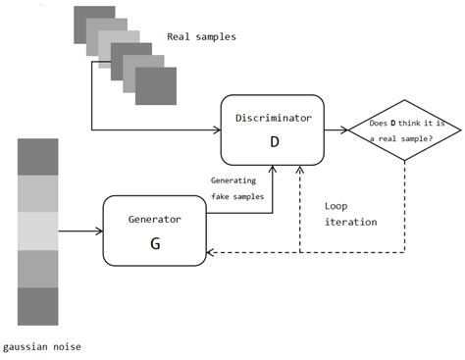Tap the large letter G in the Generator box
coord(154,243)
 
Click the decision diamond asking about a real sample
coord(404,129)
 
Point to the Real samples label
coord(201,37)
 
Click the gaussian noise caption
coord(42,347)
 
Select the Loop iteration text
coord(350,214)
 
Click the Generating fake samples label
coord(237,188)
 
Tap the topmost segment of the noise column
coord(37,157)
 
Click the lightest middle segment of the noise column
coord(37,231)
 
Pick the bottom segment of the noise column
coord(37,305)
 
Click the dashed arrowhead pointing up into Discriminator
coord(300,171)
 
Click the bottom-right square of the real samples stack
coord(156,84)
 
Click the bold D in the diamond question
coord(393,124)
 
